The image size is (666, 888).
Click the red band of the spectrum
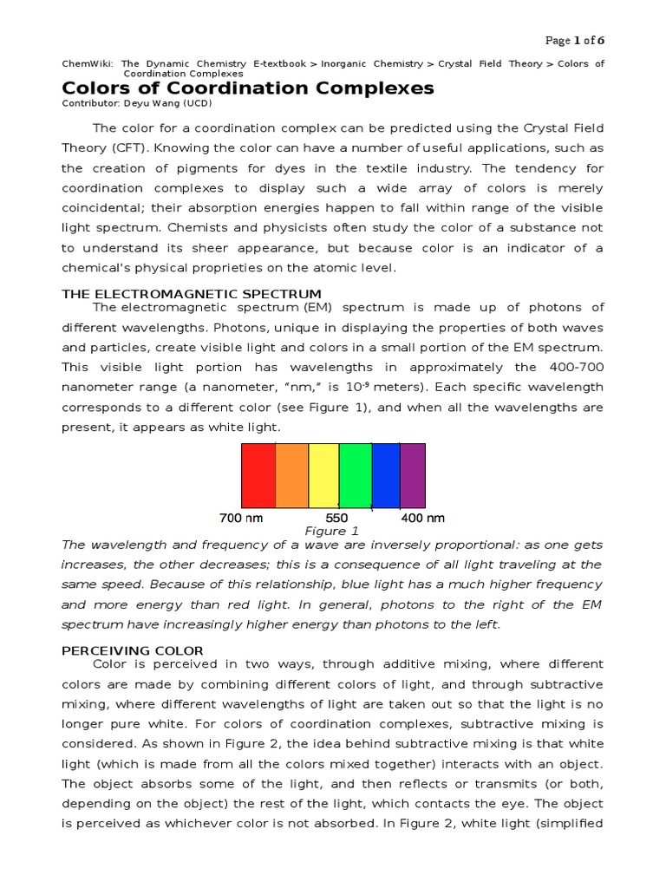(258, 475)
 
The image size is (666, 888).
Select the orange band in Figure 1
(291, 475)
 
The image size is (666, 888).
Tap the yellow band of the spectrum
(323, 475)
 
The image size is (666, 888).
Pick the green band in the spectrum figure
(355, 475)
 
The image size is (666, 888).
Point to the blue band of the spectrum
(386, 475)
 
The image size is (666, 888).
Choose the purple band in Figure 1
(413, 475)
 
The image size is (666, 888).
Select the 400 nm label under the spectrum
(422, 518)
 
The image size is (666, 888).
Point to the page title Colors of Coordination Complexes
(248, 88)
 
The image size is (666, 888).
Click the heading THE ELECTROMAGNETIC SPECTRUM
(192, 294)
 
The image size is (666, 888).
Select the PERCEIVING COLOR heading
(133, 650)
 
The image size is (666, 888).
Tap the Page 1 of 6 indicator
(574, 40)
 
